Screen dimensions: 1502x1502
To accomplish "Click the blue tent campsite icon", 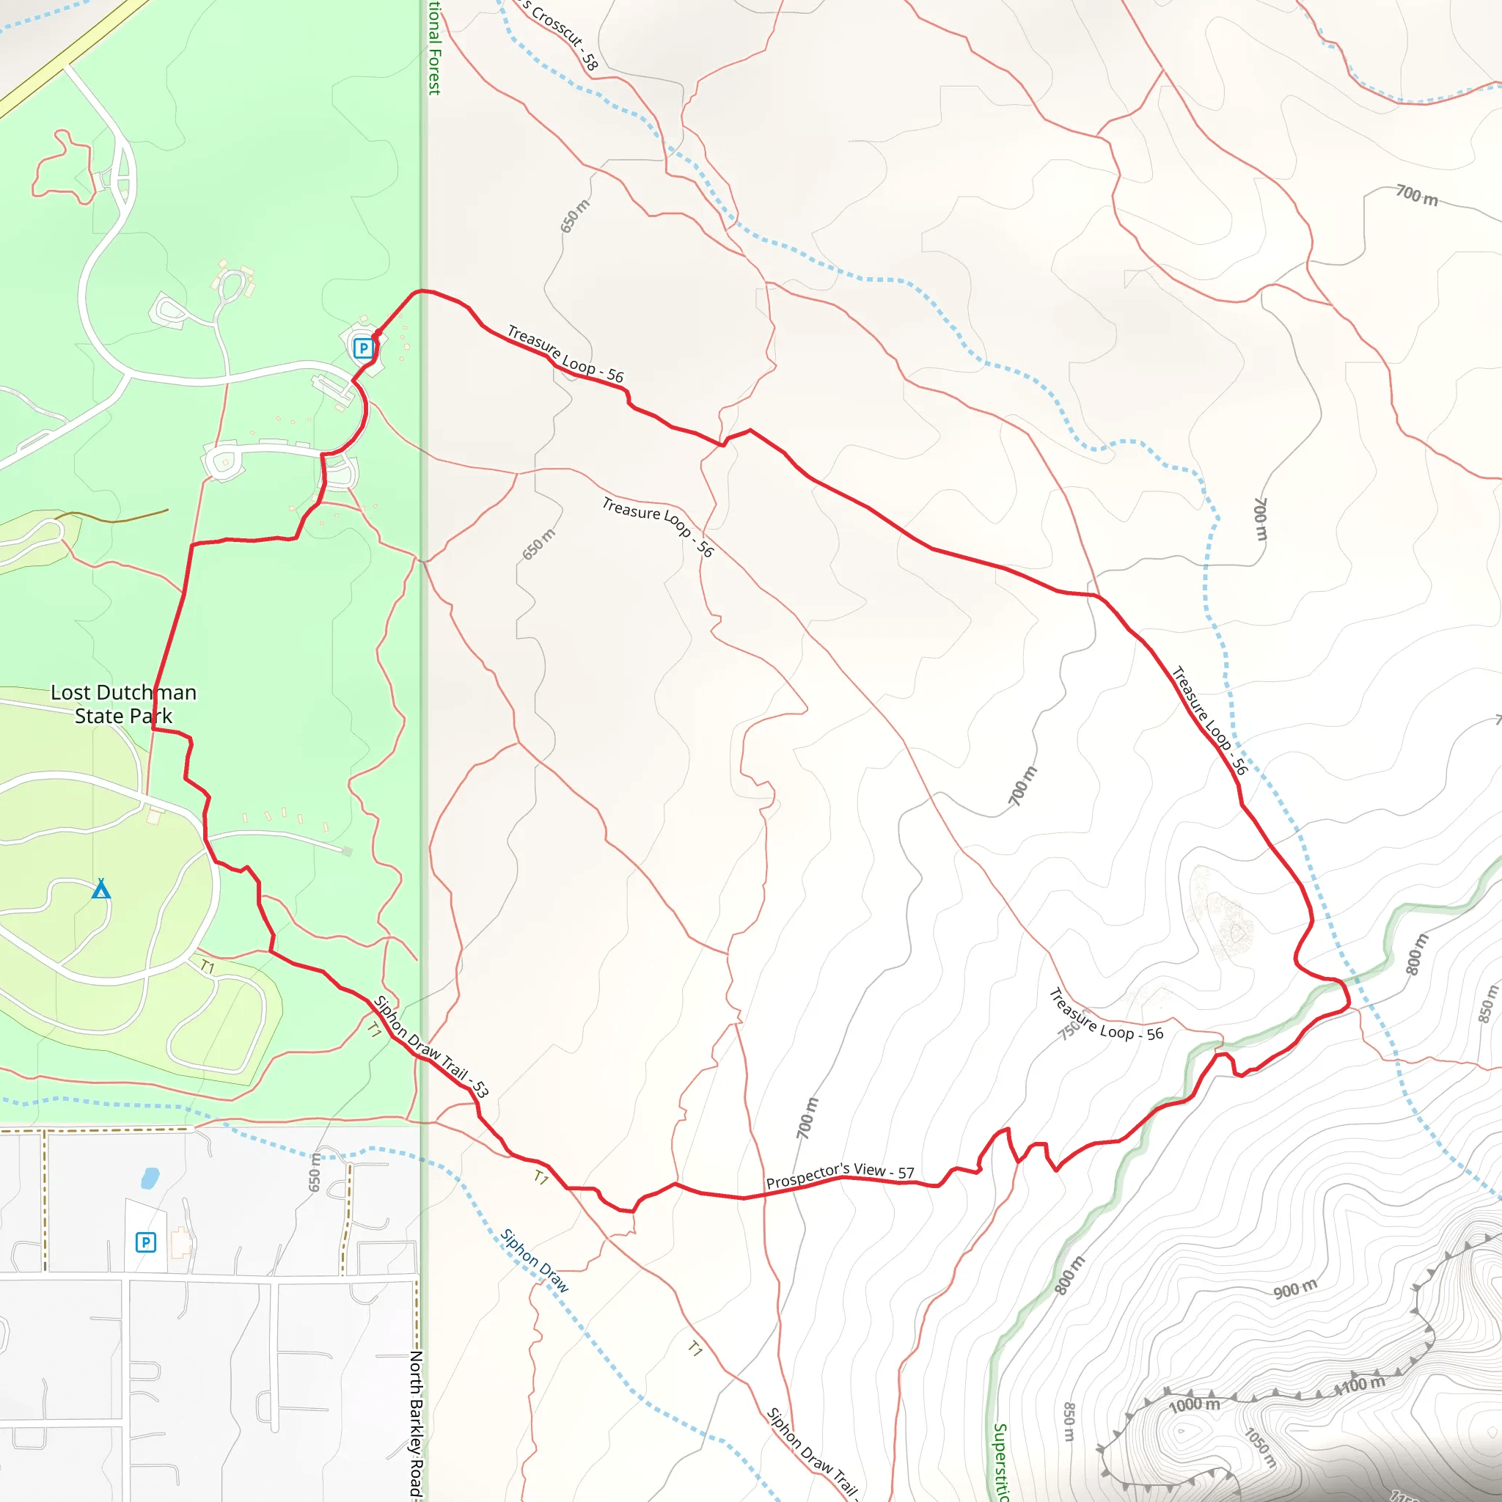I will [x=101, y=889].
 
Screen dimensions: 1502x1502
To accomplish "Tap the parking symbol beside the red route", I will [x=362, y=348].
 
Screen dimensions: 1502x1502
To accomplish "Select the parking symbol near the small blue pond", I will [x=145, y=1242].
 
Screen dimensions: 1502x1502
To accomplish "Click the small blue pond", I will [x=150, y=1179].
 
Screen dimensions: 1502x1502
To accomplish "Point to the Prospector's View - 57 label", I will [x=840, y=1176].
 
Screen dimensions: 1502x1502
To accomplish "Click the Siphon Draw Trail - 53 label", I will [x=431, y=1047].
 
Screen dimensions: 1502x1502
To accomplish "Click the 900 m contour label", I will [x=1295, y=1288].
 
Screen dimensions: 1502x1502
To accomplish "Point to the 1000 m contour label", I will [x=1194, y=1404].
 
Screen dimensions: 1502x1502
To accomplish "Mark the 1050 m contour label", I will [x=1260, y=1448].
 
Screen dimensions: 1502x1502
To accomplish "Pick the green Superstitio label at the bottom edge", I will [x=1000, y=1462].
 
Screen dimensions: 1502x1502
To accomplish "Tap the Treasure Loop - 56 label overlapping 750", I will [x=1106, y=1014].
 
